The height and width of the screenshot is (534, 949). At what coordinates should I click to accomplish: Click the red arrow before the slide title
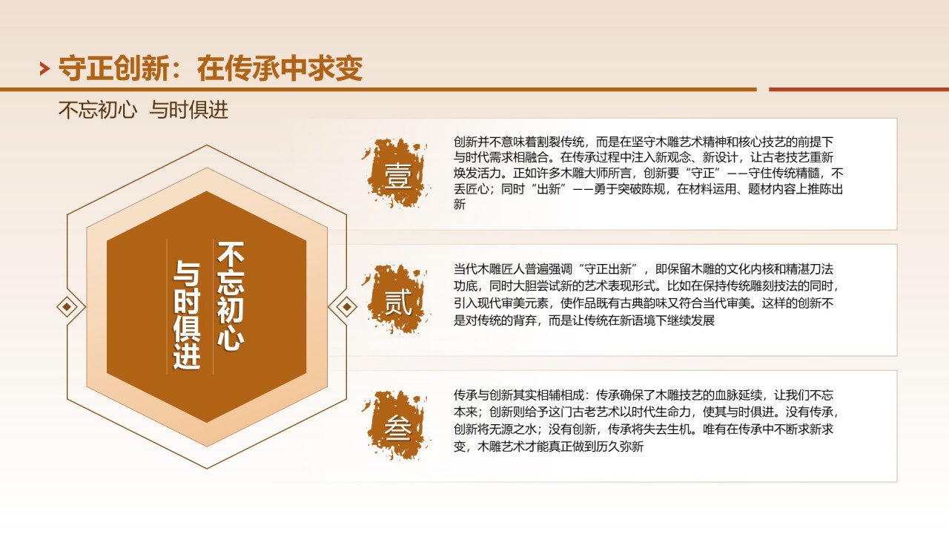click(x=44, y=69)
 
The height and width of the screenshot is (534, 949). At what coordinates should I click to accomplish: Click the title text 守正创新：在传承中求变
click(x=211, y=68)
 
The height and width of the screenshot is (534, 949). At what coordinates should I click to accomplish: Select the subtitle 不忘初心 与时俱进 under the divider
click(x=143, y=111)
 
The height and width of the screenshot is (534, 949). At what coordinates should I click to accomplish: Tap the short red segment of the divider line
click(x=859, y=90)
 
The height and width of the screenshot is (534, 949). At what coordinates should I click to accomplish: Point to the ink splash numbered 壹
click(x=397, y=174)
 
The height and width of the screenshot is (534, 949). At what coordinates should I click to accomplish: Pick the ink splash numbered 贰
click(x=397, y=300)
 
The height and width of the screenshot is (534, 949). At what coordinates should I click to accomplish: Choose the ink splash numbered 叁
click(x=397, y=426)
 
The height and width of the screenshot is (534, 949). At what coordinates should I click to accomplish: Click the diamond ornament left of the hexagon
click(x=67, y=307)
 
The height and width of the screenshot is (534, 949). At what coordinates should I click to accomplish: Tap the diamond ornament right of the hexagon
click(x=346, y=307)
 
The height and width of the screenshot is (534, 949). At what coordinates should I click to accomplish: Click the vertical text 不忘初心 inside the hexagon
click(x=231, y=296)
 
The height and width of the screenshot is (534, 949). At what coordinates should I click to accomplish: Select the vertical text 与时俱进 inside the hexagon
click(x=187, y=314)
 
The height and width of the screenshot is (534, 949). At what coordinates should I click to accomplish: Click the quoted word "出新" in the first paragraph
click(x=549, y=189)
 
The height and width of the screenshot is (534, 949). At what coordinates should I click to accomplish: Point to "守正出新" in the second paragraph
click(x=608, y=269)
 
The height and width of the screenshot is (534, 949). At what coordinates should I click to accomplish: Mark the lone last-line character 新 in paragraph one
click(x=460, y=204)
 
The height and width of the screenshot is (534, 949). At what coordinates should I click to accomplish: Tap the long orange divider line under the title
click(x=378, y=90)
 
